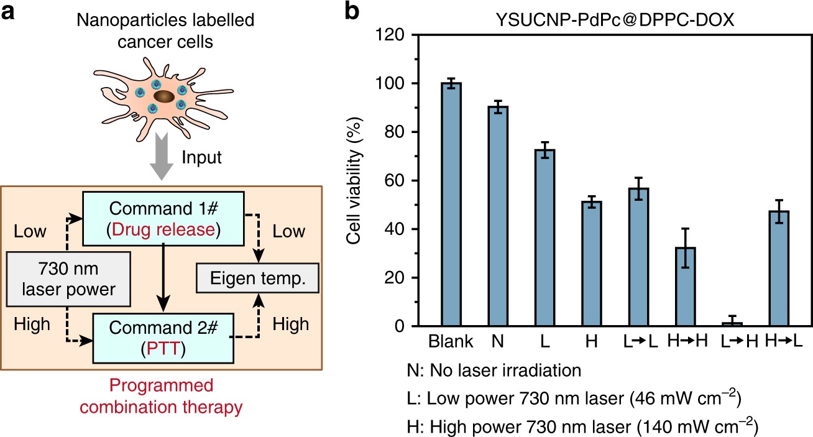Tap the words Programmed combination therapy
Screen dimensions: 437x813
click(161, 399)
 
